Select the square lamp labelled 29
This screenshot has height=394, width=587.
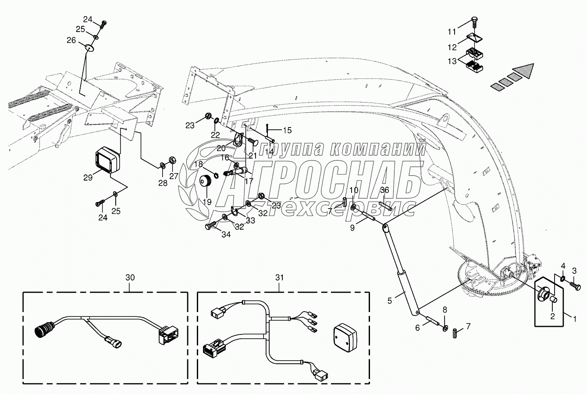click(x=107, y=160)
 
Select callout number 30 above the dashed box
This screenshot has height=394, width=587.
click(x=130, y=277)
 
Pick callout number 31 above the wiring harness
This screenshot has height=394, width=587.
click(x=280, y=277)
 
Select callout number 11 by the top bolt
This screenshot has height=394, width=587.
click(x=452, y=32)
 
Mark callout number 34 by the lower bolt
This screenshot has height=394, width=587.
click(x=225, y=234)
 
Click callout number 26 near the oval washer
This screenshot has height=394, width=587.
click(x=71, y=40)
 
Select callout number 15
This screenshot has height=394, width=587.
click(x=287, y=130)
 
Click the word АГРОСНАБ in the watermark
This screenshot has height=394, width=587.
click(x=302, y=180)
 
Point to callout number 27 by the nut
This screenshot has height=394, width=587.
click(x=174, y=176)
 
